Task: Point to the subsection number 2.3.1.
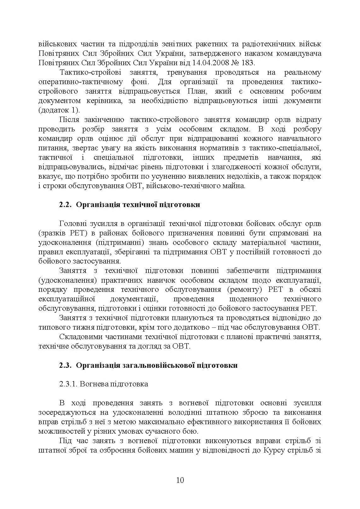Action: click(68, 384)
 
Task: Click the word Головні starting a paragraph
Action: click(73, 224)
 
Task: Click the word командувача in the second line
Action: click(299, 53)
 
